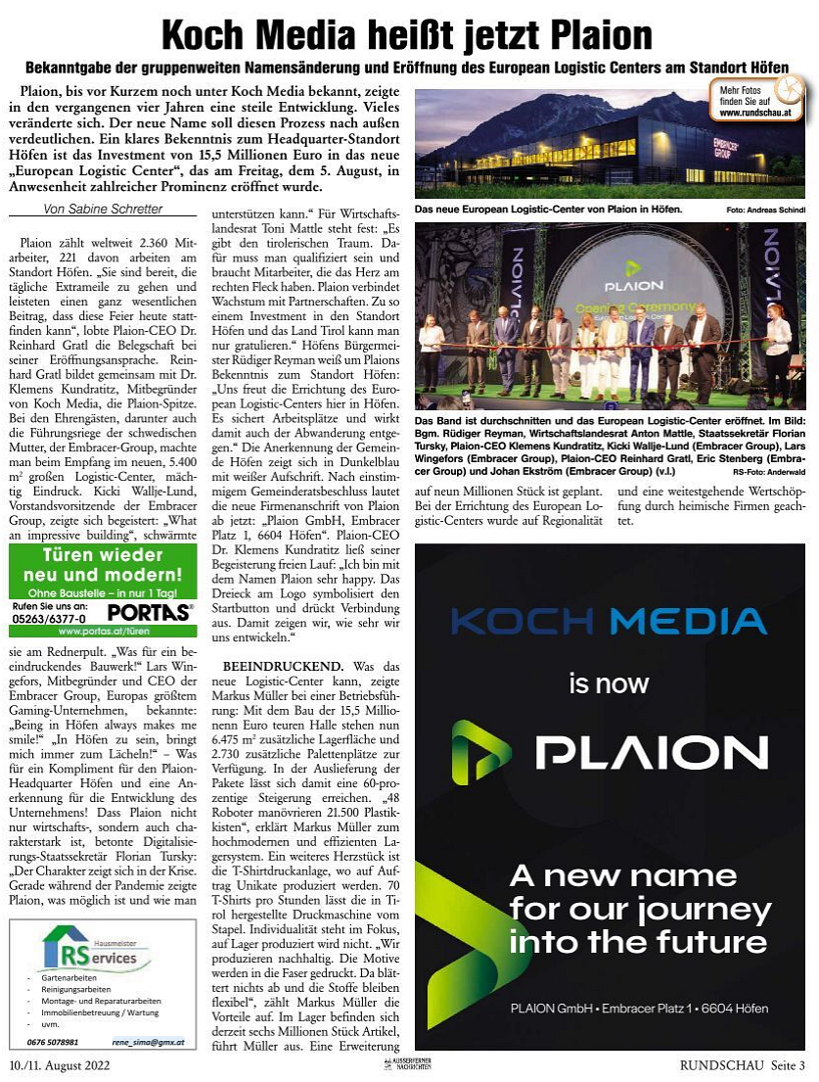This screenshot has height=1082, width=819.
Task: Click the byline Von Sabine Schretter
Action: coord(103,209)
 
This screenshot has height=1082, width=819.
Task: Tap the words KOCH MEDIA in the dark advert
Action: coord(609,621)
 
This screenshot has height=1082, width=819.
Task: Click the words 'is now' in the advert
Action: coord(609,682)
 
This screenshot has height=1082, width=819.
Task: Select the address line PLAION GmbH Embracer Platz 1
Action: coord(638,1009)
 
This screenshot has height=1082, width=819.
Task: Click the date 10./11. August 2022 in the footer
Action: coord(61,1065)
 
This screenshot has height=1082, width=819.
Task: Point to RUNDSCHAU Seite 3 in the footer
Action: coord(743,1065)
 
